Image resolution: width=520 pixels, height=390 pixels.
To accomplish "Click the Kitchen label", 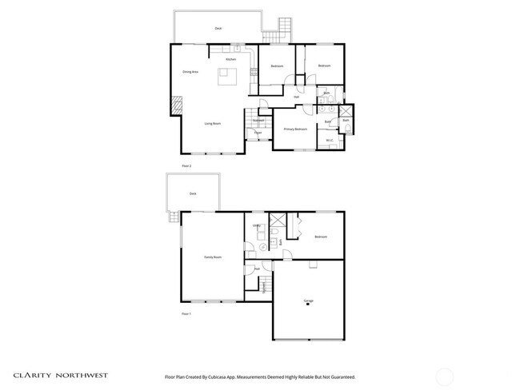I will click(x=230, y=59).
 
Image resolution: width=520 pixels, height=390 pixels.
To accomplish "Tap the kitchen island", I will click(x=228, y=76).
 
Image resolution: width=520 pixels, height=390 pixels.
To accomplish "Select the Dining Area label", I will click(x=190, y=72).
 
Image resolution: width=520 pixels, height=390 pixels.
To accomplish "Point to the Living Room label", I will click(x=212, y=123).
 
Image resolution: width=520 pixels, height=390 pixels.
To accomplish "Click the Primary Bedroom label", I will click(x=295, y=129).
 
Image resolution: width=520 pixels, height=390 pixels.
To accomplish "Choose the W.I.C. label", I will click(x=330, y=141).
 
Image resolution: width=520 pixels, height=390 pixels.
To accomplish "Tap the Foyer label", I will click(x=258, y=133).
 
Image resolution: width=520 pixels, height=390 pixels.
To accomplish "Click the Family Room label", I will click(x=212, y=257).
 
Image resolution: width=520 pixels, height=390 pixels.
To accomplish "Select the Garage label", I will click(x=308, y=300).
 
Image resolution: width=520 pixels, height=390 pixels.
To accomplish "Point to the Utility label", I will click(x=257, y=226).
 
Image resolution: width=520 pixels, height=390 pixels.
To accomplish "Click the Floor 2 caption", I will click(x=187, y=165).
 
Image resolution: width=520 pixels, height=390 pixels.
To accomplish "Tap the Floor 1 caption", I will click(x=187, y=315).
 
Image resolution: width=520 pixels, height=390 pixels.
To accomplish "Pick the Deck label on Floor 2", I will click(x=218, y=29).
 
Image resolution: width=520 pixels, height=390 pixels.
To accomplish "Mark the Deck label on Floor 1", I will click(x=192, y=194).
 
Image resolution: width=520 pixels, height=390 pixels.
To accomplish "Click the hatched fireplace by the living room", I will click(x=176, y=105).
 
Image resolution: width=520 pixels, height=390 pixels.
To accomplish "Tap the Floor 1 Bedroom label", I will click(x=321, y=237).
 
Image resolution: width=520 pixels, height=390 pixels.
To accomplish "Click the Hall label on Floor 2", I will click(x=296, y=97).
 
